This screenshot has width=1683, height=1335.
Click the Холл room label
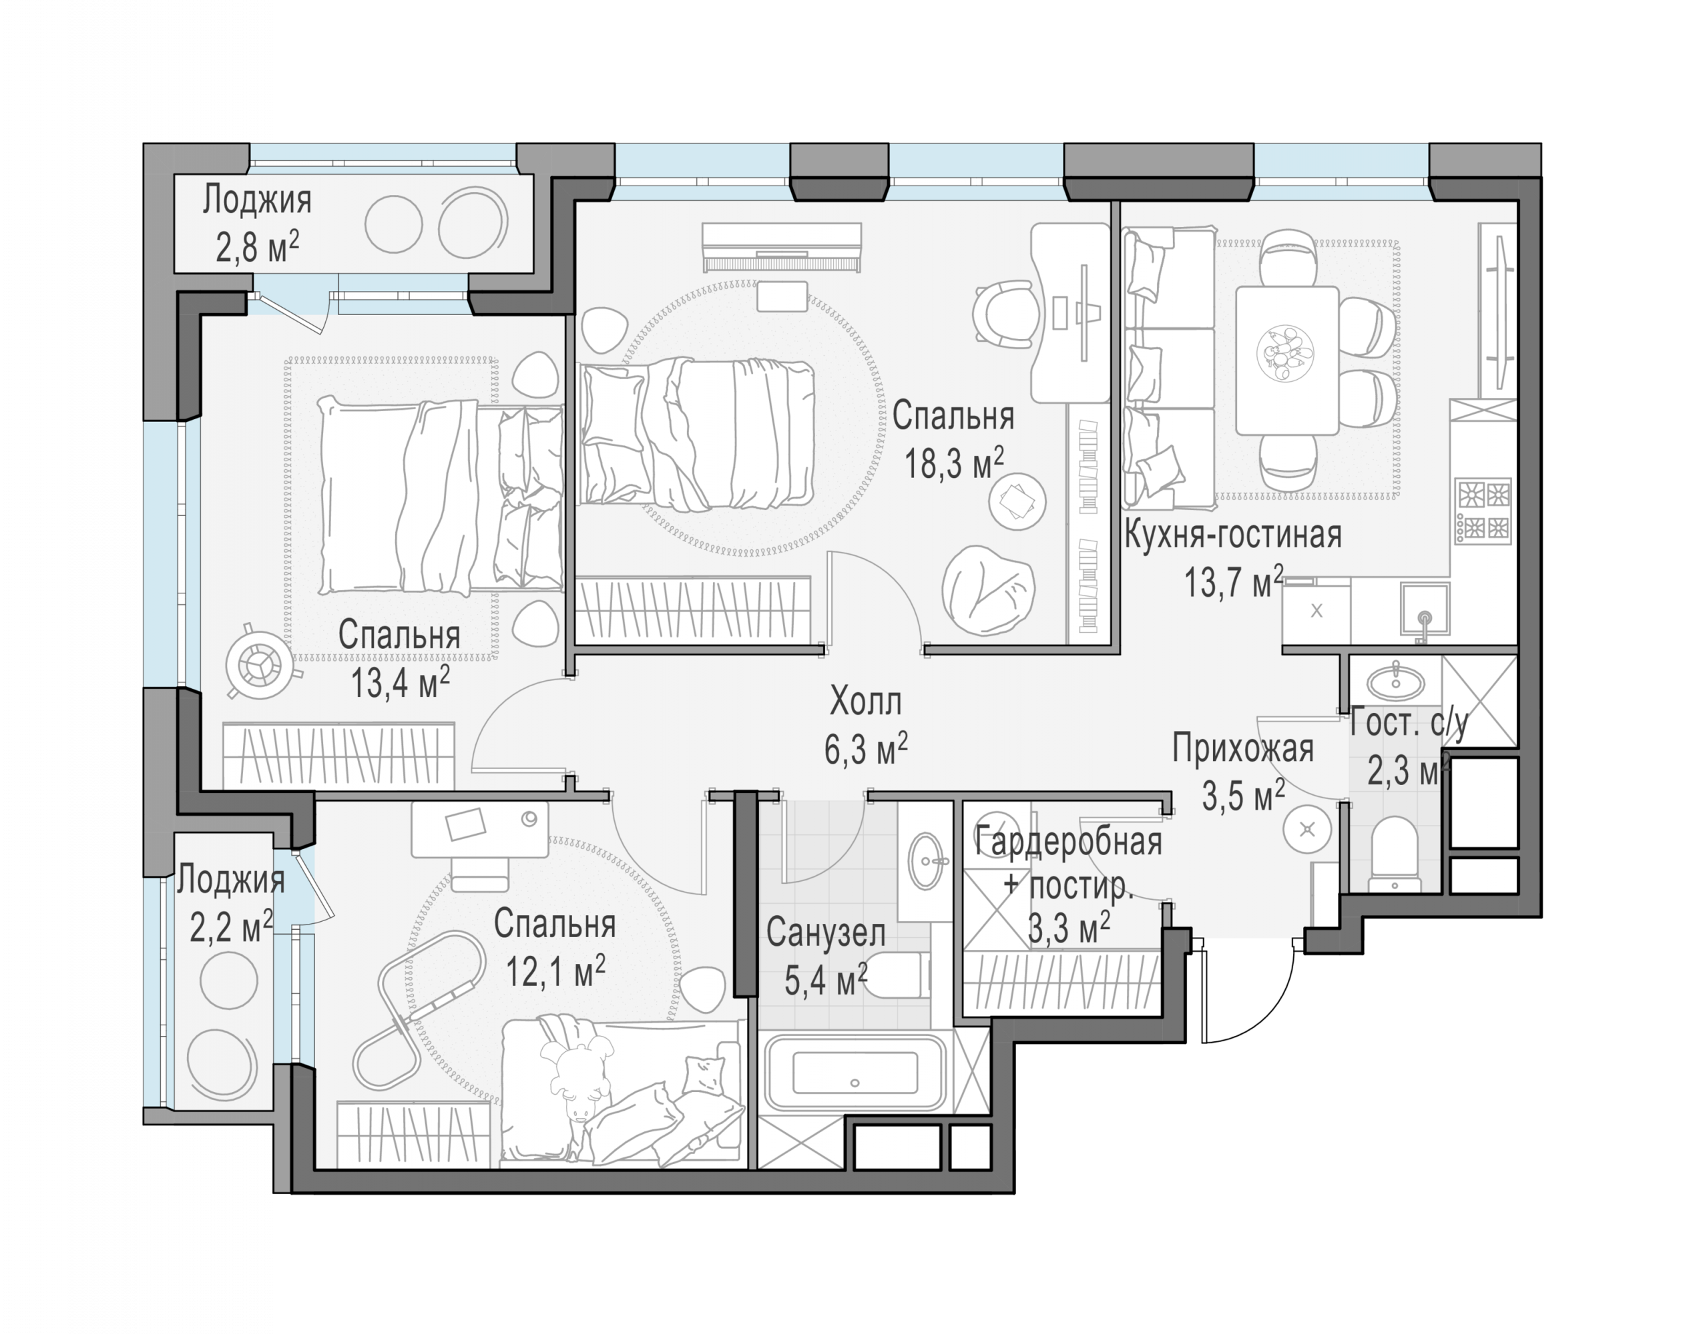[865, 701]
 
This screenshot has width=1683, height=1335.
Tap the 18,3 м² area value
[954, 464]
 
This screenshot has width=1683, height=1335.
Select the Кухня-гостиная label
[1232, 535]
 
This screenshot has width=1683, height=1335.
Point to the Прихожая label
[1243, 748]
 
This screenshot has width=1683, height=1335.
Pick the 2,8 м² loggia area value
[257, 248]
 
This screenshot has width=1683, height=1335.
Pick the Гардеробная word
[1068, 842]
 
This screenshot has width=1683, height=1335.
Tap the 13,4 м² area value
[400, 682]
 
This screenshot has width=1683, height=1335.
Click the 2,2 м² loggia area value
[231, 928]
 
